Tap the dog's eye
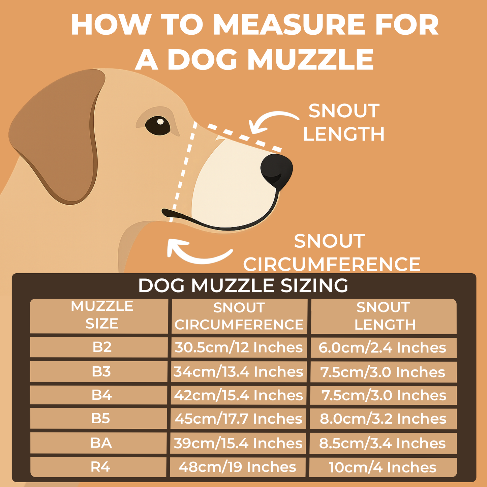[x=158, y=126]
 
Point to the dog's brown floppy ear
[x=57, y=136]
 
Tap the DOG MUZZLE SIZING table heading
[x=243, y=285]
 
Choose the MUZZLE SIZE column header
[x=102, y=315]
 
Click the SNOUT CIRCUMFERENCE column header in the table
[x=239, y=316]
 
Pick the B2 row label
[x=102, y=347]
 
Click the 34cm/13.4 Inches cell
[x=238, y=371]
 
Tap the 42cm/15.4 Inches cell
[x=238, y=395]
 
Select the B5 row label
[x=100, y=418]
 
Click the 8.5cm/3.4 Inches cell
[x=383, y=443]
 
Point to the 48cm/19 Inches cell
[x=237, y=467]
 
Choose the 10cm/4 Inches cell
[x=383, y=467]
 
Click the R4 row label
[x=100, y=467]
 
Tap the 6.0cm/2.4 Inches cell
[x=383, y=347]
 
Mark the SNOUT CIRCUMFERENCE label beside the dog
[x=332, y=252]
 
